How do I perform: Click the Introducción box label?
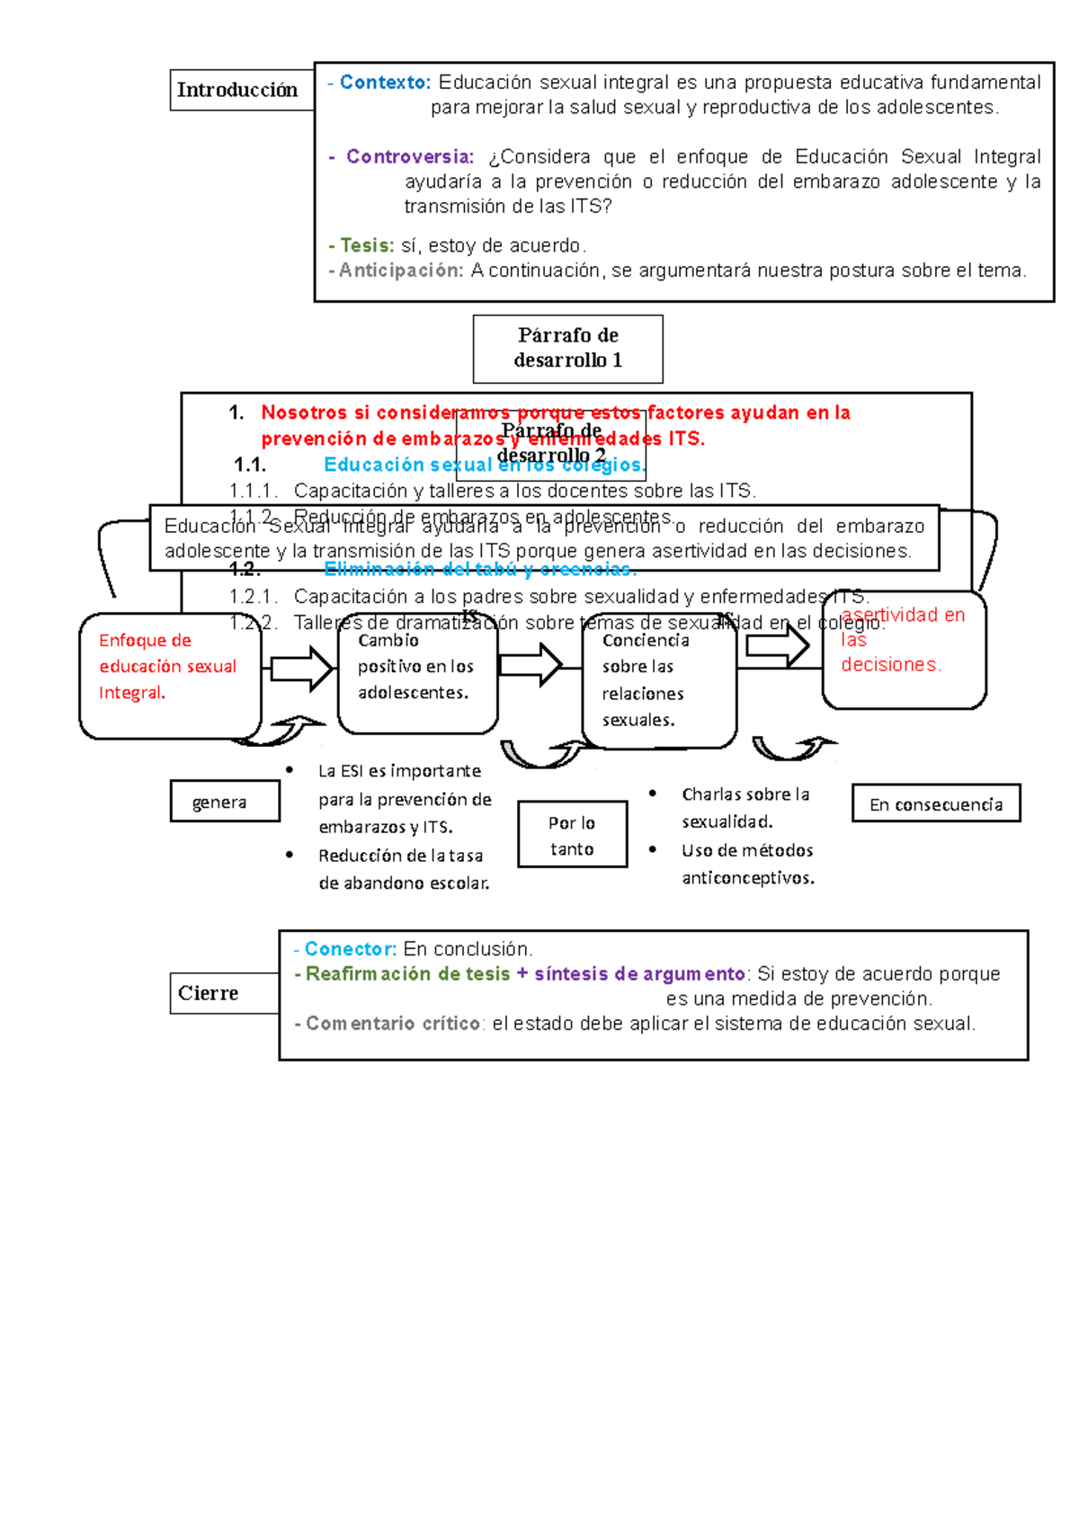[237, 90]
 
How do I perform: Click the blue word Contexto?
[385, 83]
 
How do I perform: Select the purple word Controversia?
[410, 157]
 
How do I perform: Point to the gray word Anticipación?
[401, 271]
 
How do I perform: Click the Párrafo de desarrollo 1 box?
[567, 349]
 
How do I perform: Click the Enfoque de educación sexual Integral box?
[169, 676]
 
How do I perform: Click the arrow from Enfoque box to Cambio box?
[302, 669]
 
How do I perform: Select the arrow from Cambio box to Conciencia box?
[531, 665]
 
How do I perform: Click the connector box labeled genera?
[225, 802]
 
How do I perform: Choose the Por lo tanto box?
[572, 835]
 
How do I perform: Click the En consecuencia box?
[935, 804]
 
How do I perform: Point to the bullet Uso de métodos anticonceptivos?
[747, 864]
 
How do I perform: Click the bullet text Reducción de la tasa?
[401, 856]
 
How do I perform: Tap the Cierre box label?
[209, 993]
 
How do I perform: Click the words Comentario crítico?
[394, 1024]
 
